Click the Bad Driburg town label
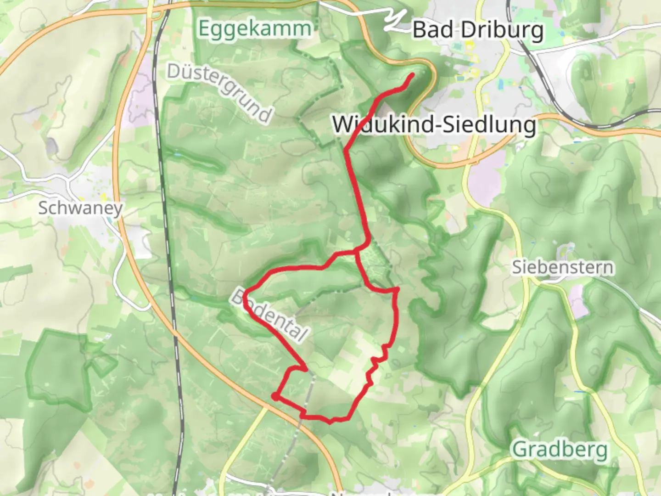[x=478, y=30]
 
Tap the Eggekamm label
[x=255, y=28]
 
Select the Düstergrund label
[x=219, y=92]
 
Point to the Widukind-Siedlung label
[x=434, y=124]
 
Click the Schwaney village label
[x=80, y=208]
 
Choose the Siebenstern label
[x=563, y=267]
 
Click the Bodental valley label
[x=269, y=316]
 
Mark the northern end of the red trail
[x=412, y=75]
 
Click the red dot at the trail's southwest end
[x=274, y=396]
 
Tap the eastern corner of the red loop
[x=397, y=289]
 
